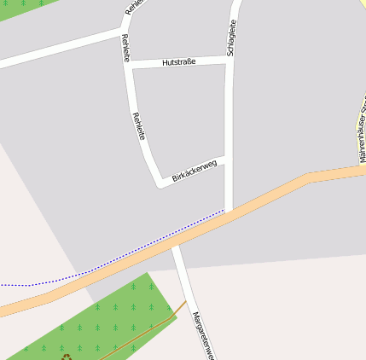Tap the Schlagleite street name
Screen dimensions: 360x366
pyautogui.click(x=231, y=38)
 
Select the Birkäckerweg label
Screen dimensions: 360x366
pyautogui.click(x=195, y=171)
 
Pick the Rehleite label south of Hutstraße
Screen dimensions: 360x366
pyautogui.click(x=139, y=126)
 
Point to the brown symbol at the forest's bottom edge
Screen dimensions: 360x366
pyautogui.click(x=66, y=357)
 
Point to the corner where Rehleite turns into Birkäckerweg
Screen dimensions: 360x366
pyautogui.click(x=160, y=182)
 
